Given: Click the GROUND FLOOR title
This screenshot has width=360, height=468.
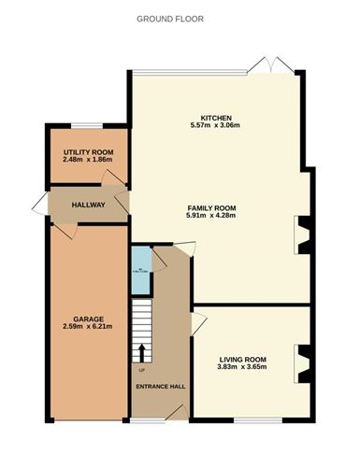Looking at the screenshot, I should point(170,19).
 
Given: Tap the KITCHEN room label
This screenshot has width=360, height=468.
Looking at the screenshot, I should point(215,115).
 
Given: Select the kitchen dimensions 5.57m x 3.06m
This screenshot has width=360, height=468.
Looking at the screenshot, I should point(215,125).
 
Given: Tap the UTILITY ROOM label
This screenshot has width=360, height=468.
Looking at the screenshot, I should point(88,151).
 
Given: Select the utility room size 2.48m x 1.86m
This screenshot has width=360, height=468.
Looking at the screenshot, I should point(88,160).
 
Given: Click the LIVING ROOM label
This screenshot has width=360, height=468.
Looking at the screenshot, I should point(243,359).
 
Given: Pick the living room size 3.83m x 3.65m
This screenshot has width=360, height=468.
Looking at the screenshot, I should point(243,368).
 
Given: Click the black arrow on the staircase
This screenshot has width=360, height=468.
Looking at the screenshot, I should point(142,352).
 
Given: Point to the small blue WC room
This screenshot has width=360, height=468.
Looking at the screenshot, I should point(139,270).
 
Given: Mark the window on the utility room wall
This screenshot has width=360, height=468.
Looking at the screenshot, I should point(87,126).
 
